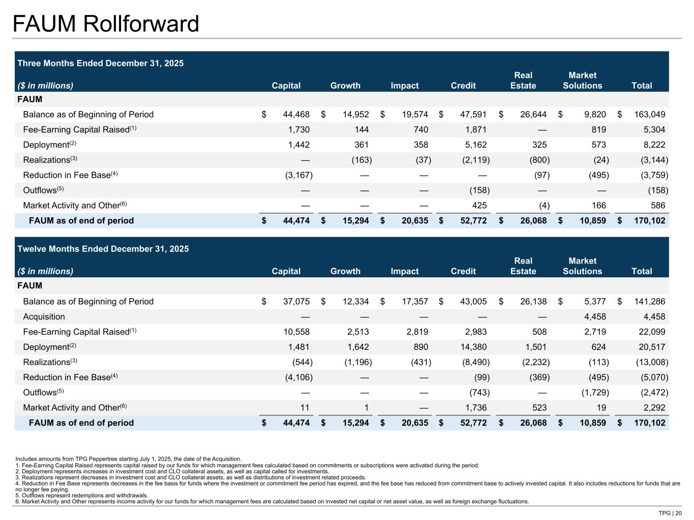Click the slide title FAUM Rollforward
pyautogui.click(x=106, y=24)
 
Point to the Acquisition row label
pyautogui.click(x=44, y=317)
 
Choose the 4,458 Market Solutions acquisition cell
pyautogui.click(x=591, y=317)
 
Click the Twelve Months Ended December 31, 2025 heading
pyautogui.click(x=103, y=249)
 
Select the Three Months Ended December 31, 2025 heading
pyautogui.click(x=101, y=63)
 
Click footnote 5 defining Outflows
pyautogui.click(x=82, y=496)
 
